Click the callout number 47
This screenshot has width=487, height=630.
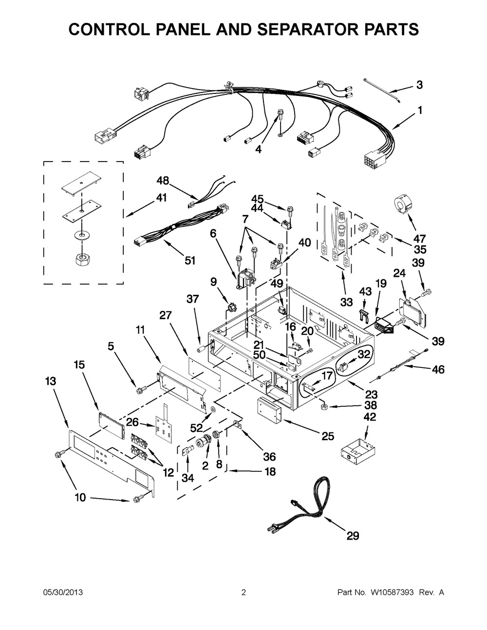pos(419,238)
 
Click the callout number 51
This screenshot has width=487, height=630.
pos(190,261)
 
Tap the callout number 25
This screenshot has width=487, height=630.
pos(328,436)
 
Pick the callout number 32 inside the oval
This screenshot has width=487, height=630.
pos(364,354)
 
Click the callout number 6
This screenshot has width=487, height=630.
pos(213,234)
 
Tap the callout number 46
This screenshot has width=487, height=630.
pos(438,369)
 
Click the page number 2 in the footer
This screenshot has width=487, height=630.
pos(243,592)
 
